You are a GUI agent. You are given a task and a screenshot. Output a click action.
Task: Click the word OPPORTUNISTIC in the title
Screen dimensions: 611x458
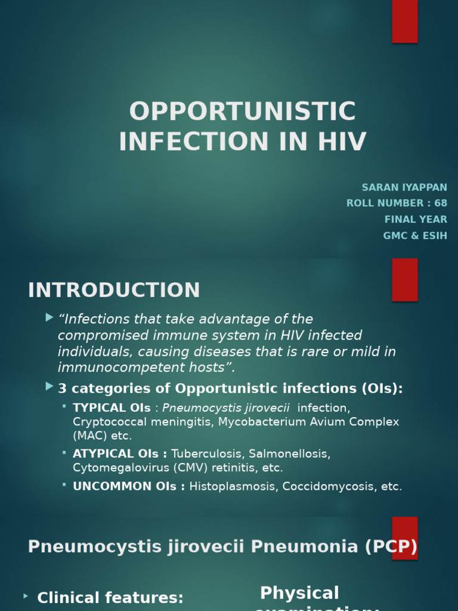(242, 112)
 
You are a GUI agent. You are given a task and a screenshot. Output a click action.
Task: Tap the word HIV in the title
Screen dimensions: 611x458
(342, 142)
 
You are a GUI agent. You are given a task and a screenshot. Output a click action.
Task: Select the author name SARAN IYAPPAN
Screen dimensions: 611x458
(404, 187)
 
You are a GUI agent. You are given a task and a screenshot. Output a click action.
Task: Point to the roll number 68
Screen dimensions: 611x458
(441, 203)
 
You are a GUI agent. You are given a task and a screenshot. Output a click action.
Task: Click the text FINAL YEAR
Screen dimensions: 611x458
(416, 220)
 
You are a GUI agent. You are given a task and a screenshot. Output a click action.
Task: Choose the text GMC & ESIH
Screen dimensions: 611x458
(415, 236)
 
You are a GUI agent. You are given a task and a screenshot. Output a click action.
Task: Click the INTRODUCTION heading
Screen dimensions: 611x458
(114, 290)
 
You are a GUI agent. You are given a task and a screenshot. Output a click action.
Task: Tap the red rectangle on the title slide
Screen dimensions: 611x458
(404, 21)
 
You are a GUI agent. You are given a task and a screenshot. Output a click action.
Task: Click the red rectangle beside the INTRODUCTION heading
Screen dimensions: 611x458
(404, 279)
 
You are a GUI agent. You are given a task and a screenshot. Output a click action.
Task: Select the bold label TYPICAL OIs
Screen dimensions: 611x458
(112, 408)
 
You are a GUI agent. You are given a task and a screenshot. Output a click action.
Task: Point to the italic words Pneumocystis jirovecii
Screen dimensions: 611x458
(226, 408)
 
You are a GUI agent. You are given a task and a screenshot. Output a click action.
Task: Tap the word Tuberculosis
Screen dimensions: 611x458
(206, 454)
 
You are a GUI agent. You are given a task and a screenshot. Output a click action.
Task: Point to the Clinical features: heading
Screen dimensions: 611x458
(110, 597)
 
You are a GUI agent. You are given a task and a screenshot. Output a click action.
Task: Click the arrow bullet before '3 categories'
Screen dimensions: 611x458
(49, 387)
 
